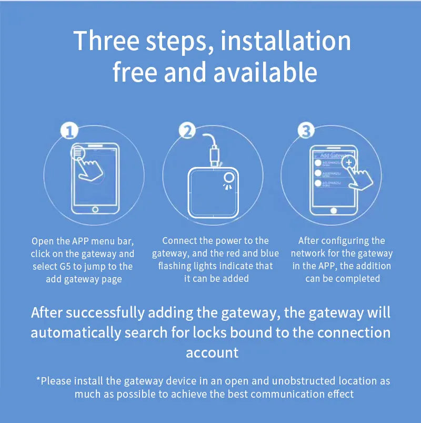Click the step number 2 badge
(188, 131)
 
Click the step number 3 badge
(306, 131)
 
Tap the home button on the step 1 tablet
(95, 209)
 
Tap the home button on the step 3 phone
(332, 210)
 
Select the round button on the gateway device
(228, 177)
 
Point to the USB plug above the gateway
(215, 155)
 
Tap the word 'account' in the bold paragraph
(212, 352)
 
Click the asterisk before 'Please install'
(38, 380)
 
